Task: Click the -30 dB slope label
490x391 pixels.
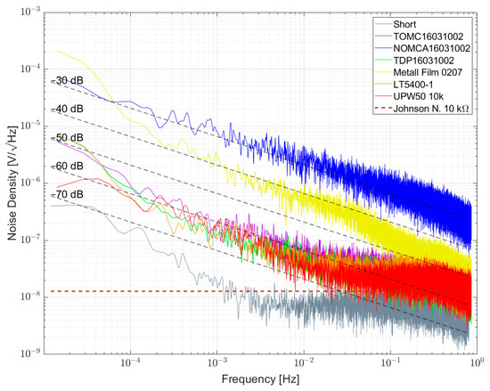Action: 66,80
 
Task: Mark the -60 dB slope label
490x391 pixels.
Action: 66,166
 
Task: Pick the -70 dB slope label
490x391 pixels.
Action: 66,194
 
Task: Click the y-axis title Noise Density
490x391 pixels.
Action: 11,183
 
